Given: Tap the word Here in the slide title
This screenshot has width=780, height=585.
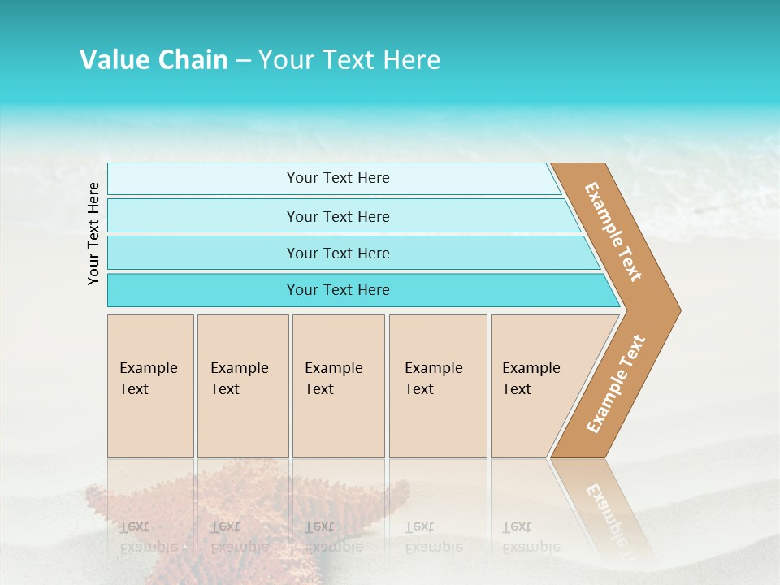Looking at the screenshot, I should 411,60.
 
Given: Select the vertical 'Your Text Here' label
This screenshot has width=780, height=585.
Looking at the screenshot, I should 93,233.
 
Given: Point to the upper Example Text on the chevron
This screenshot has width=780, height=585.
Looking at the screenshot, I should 613,232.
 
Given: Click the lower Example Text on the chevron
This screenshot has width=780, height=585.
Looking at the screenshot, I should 616,383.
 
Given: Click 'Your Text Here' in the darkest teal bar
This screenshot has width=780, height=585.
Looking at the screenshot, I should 338,290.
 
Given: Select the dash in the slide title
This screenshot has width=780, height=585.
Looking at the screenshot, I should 243,61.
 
